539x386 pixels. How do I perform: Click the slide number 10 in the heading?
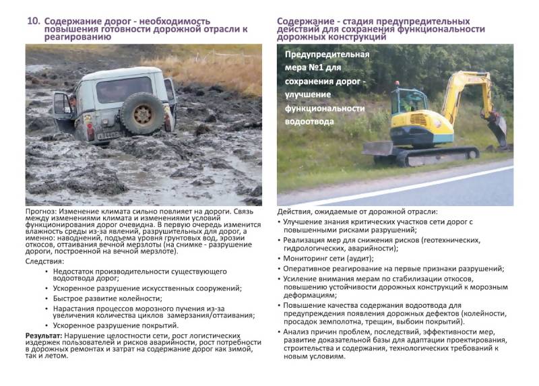[32, 21]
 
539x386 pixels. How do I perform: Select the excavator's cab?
[409, 101]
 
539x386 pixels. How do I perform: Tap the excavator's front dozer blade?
[377, 148]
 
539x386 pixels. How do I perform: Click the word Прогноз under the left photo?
[42, 211]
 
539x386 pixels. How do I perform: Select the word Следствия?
[46, 261]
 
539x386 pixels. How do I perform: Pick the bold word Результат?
[43, 335]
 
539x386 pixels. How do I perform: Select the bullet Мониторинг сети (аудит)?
[328, 258]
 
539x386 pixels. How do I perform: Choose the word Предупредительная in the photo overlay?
[327, 55]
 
